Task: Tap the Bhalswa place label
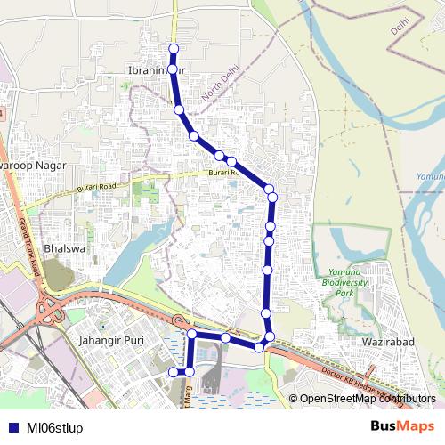[x=63, y=249]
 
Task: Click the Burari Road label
[x=96, y=187]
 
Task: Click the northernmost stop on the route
[x=174, y=48]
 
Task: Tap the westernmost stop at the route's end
[x=174, y=370]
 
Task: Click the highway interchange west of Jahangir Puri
[x=49, y=311]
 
